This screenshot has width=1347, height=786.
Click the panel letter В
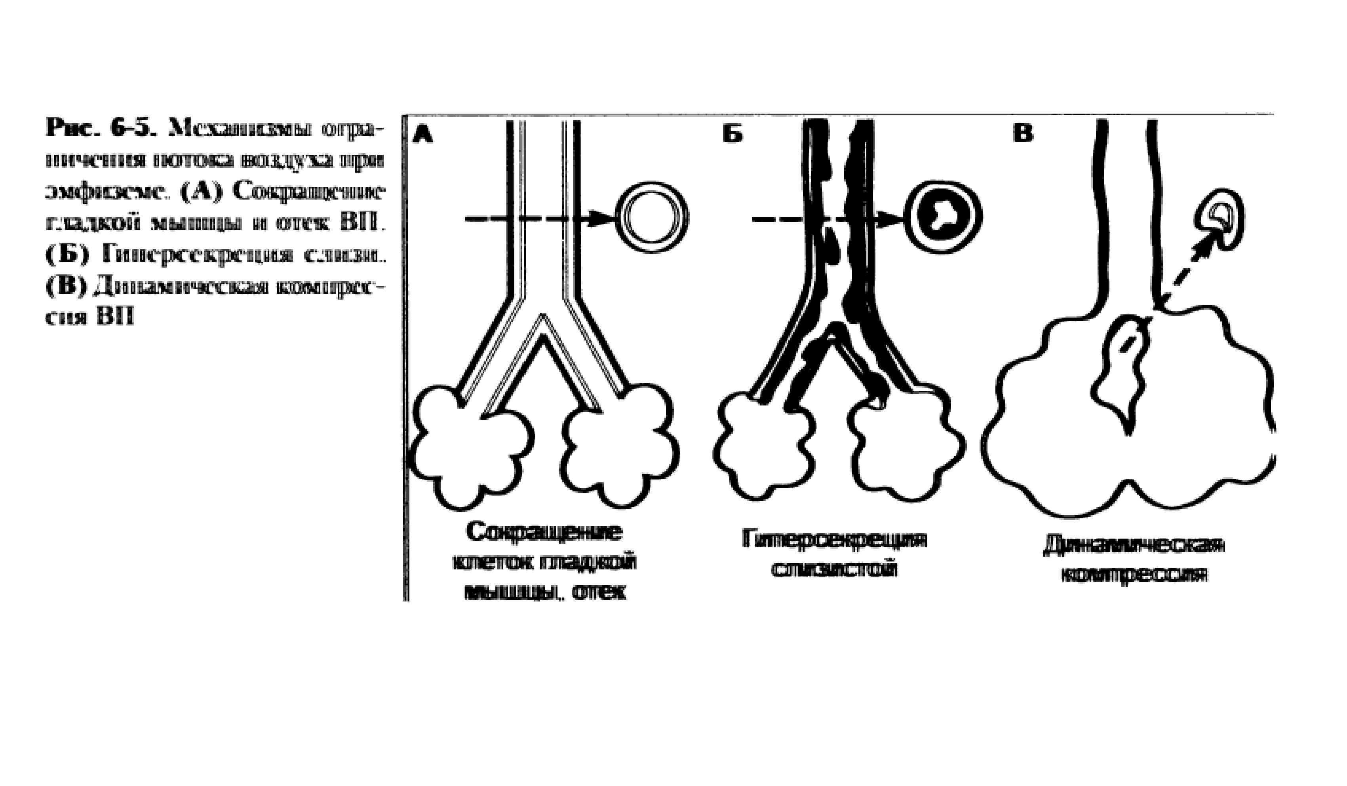1023,133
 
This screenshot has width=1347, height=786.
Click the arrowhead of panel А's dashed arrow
603,218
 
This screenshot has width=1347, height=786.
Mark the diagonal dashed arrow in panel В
1184,281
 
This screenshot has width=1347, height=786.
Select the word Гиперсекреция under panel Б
834,539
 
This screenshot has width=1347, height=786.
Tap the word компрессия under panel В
1134,575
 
